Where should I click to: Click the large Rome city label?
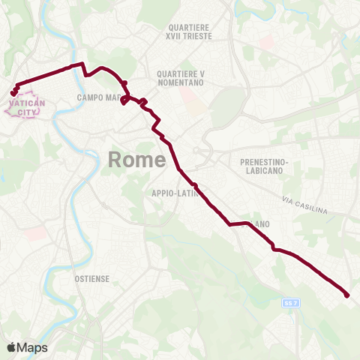(x=137, y=159)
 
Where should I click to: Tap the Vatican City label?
(x=26, y=106)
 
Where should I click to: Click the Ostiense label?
(x=92, y=278)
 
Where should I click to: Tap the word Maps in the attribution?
(x=32, y=347)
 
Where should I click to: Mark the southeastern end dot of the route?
(x=347, y=295)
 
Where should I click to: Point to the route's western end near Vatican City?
(x=13, y=94)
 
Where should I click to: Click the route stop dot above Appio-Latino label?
(x=194, y=185)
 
